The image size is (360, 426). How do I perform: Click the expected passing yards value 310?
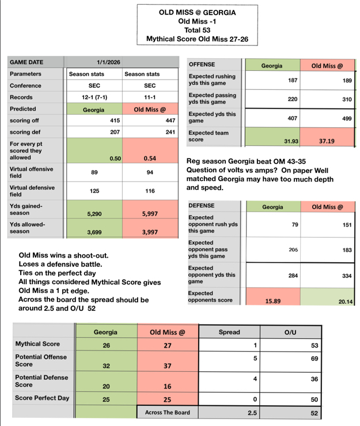pos(346,100)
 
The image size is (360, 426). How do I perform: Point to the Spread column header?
pos(229,333)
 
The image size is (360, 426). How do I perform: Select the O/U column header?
pos(290,333)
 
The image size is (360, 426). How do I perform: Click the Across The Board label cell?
pos(166,413)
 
